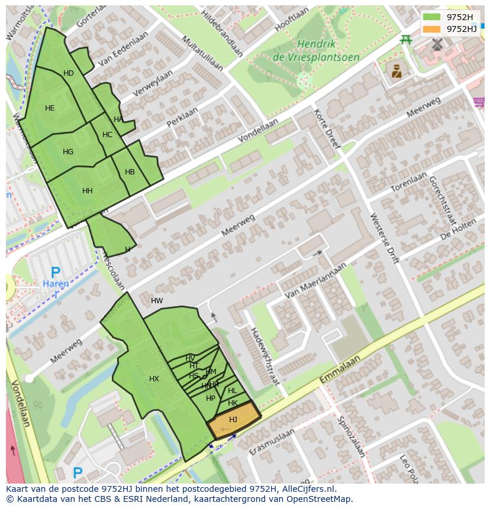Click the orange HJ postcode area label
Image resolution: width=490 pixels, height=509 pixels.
tap(233, 420)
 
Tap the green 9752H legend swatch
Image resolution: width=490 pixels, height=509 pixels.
tap(432, 17)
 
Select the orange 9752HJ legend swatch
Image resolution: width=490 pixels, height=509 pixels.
tap(432, 29)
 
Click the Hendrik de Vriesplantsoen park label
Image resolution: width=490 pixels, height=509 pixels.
tap(316, 50)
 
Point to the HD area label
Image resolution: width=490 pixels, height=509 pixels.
tap(69, 73)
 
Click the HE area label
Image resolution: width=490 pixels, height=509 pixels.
tap(50, 108)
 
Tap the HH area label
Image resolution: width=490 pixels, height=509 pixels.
tap(88, 191)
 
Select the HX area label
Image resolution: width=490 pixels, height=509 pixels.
tap(154, 379)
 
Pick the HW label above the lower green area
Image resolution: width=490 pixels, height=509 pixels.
tap(157, 301)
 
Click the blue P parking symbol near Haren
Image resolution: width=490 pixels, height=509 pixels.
tap(55, 273)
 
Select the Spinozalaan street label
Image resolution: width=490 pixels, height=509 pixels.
tap(351, 436)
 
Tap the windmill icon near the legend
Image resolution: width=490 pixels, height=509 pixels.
tap(437, 44)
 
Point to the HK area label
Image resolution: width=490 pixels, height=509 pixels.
tap(233, 403)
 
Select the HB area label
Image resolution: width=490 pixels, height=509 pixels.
tap(130, 173)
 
